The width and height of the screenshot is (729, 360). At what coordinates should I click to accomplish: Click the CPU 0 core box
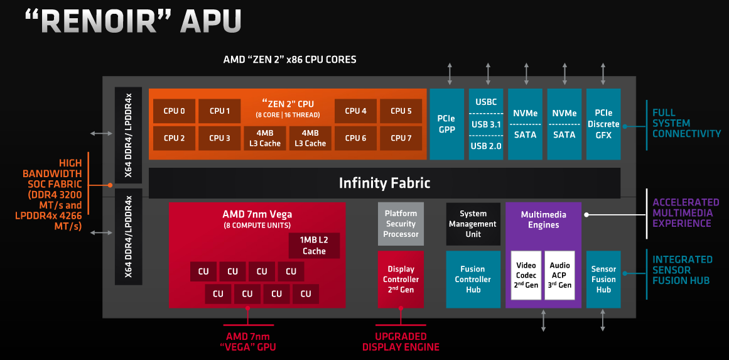(x=174, y=111)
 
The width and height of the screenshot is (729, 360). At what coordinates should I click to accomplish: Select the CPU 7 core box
(x=401, y=138)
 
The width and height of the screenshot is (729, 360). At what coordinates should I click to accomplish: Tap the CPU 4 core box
(x=355, y=111)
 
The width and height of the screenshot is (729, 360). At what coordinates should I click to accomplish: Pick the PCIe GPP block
(x=446, y=124)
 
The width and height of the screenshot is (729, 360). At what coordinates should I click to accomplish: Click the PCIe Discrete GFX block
(x=603, y=124)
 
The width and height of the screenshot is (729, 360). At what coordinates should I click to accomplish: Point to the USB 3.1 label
(x=486, y=124)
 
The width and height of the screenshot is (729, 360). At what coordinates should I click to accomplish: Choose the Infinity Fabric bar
(x=384, y=183)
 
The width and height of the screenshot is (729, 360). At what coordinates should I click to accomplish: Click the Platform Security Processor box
(x=401, y=224)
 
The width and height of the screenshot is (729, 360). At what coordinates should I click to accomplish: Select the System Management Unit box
(x=473, y=224)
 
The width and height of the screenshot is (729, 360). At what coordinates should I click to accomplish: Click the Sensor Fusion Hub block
(x=603, y=279)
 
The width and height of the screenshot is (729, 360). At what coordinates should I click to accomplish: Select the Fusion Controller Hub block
(x=473, y=279)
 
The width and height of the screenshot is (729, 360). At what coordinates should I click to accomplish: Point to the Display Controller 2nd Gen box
(x=401, y=279)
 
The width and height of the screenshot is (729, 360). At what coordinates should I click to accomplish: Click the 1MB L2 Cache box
(x=314, y=246)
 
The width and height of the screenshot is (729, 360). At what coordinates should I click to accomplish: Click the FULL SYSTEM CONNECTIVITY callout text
(x=686, y=123)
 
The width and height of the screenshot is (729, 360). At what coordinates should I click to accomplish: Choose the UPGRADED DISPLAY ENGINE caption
(x=401, y=342)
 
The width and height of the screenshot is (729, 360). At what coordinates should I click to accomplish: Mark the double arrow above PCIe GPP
(x=449, y=74)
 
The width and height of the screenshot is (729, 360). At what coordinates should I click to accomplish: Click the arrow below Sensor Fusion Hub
(x=603, y=320)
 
